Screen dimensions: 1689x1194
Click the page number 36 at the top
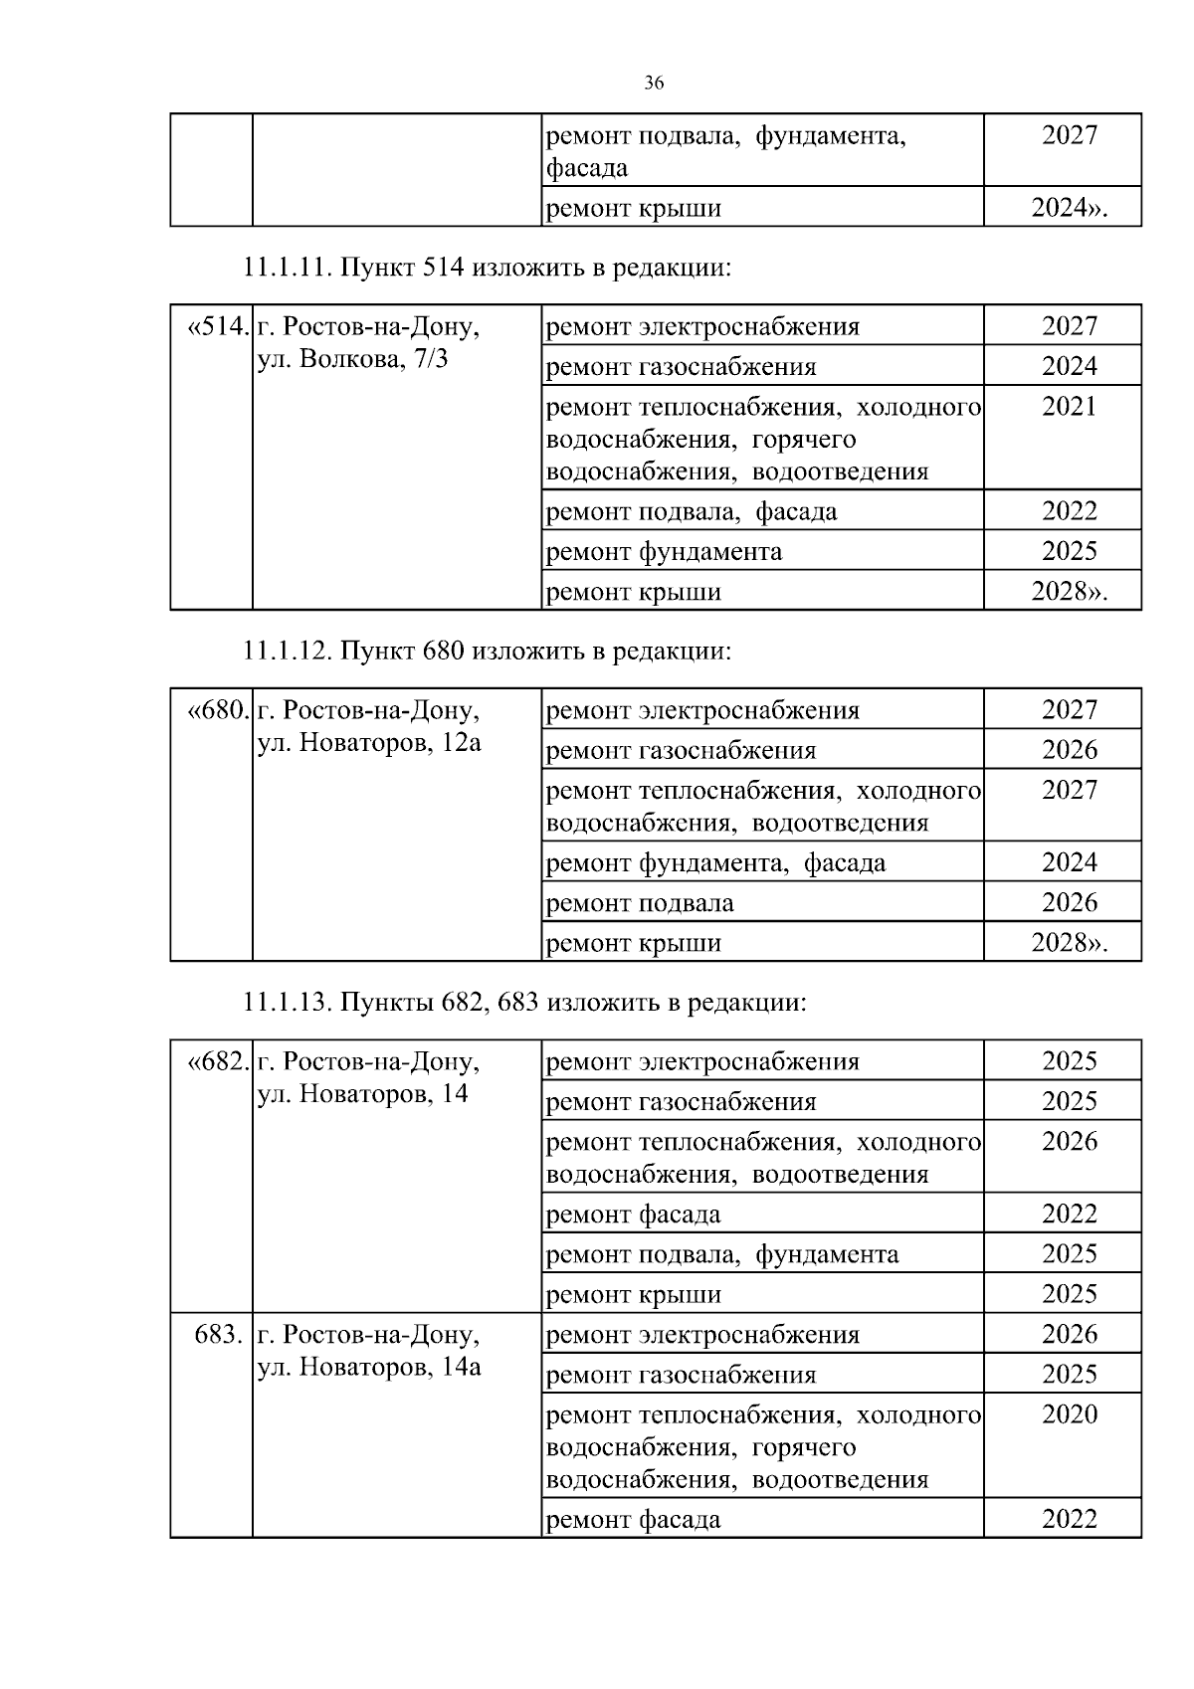click(654, 84)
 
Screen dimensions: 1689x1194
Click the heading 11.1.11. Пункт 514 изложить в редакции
click(487, 268)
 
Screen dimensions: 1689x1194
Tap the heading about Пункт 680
click(487, 652)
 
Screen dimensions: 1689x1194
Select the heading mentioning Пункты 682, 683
click(524, 1003)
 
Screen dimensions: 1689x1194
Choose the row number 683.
click(219, 1334)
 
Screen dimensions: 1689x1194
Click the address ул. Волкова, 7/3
click(353, 359)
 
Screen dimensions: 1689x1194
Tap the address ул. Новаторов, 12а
click(369, 743)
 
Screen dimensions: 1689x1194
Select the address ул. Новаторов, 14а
click(369, 1367)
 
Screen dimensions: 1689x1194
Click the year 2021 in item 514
click(1069, 406)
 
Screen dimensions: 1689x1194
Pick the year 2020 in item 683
click(1069, 1413)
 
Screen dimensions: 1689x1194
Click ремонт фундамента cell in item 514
click(665, 551)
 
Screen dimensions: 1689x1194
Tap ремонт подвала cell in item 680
click(641, 903)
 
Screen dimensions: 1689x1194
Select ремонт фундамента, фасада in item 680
click(716, 862)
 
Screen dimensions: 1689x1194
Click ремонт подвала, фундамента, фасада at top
click(726, 151)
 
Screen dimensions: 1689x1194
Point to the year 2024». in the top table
click(1069, 209)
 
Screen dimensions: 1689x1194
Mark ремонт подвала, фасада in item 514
click(693, 511)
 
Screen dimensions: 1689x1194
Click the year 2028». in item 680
click(1069, 943)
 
